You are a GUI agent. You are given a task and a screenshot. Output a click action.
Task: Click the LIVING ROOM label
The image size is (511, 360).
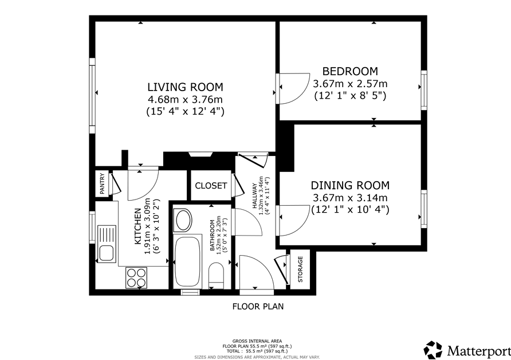[185, 87]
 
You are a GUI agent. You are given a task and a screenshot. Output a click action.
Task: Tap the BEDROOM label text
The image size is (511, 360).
[350, 71]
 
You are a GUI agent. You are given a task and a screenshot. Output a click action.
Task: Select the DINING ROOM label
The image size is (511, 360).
[350, 185]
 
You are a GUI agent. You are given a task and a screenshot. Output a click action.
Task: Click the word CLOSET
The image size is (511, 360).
[211, 186]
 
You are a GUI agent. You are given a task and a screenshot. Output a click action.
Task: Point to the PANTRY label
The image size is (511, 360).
[103, 184]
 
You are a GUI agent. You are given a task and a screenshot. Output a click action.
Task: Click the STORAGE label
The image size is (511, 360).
[300, 269]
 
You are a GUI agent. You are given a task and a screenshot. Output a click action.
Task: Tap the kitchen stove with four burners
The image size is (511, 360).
[136, 278]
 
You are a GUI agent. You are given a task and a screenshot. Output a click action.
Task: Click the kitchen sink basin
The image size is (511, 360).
[106, 253]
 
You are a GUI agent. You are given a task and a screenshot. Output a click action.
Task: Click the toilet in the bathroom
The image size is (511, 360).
[216, 276]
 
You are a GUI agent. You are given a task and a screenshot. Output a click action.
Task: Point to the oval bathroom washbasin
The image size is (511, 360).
[183, 220]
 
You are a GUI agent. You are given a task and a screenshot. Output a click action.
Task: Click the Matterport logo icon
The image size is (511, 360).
[433, 350]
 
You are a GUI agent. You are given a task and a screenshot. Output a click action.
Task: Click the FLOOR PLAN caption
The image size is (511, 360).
[258, 307]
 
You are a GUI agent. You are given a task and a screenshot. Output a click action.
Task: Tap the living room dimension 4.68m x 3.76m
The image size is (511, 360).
[185, 99]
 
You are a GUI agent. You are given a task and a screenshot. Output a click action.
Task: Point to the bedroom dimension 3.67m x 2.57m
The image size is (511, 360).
[350, 84]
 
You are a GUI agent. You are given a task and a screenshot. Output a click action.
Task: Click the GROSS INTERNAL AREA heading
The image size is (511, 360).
[257, 341]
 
